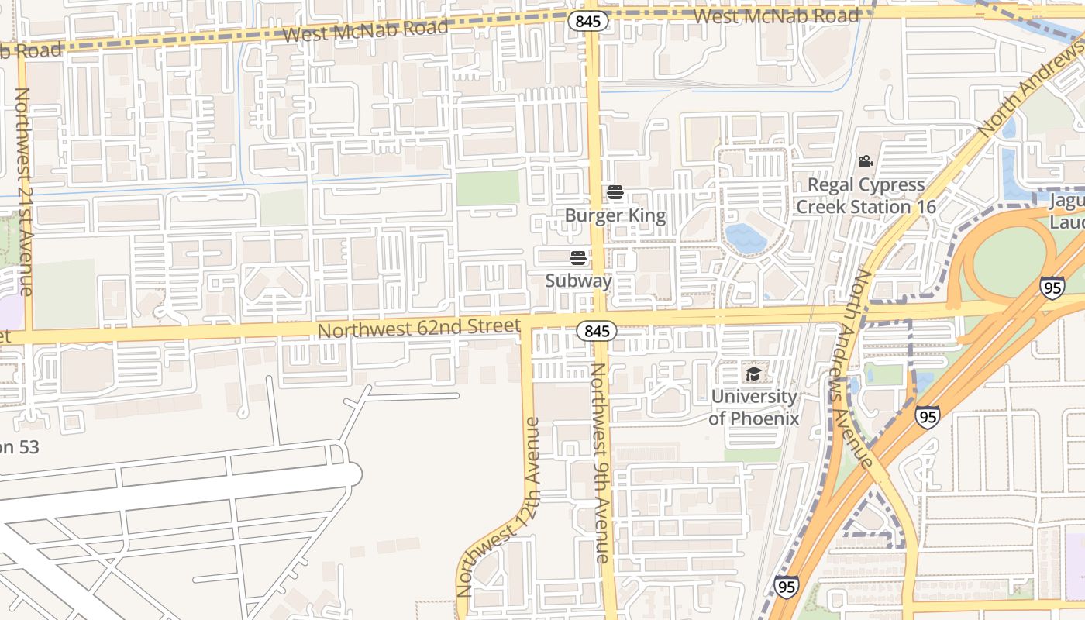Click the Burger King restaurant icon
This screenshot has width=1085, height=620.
point(615,192)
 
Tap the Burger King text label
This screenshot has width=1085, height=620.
point(615,215)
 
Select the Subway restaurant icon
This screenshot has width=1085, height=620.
point(578,257)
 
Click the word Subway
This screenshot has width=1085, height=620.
point(578,281)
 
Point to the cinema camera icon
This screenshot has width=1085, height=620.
point(865,162)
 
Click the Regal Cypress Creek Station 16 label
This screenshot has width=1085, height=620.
point(866,196)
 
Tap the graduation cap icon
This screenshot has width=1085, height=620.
point(753,374)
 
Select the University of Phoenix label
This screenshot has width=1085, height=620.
point(753,407)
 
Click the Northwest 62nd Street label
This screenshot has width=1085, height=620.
point(418,329)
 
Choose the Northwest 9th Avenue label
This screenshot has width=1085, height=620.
point(601,463)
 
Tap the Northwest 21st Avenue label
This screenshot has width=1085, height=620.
point(23,191)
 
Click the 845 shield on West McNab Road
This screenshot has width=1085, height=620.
point(588,21)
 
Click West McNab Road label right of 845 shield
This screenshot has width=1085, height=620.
point(777,15)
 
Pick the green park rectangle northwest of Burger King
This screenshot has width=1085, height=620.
point(487,188)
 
